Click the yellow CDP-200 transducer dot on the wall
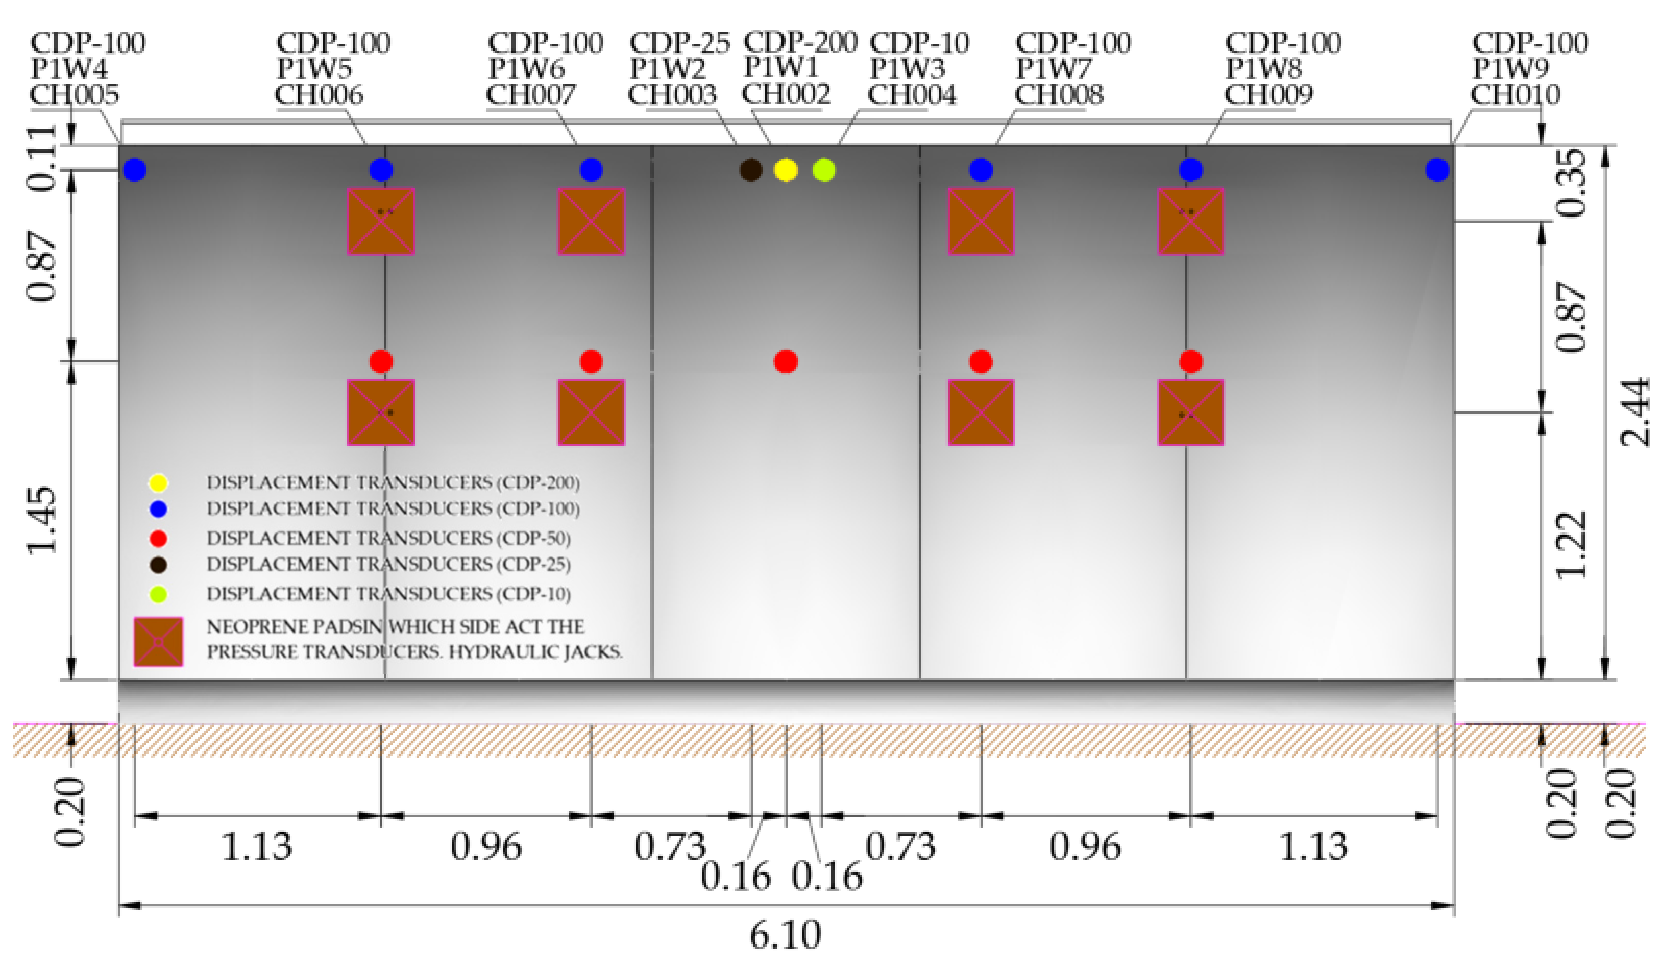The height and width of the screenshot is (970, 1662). click(785, 170)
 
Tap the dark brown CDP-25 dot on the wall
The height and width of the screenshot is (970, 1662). click(750, 170)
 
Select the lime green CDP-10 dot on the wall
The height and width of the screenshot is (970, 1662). click(824, 170)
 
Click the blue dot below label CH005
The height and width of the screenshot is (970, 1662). click(135, 170)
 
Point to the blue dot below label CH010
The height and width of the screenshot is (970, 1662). click(1437, 170)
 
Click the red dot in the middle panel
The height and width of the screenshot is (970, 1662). click(786, 361)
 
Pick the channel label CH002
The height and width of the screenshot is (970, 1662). click(786, 94)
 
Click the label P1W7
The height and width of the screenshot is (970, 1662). click(1053, 68)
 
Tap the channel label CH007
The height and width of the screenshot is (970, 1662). click(531, 95)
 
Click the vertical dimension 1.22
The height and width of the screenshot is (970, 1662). click(1571, 545)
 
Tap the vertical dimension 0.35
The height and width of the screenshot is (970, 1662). click(1571, 183)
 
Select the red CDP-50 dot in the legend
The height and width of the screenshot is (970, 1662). click(158, 539)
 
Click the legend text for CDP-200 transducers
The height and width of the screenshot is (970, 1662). click(393, 482)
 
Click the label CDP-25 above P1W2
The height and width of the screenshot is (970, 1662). click(679, 43)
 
